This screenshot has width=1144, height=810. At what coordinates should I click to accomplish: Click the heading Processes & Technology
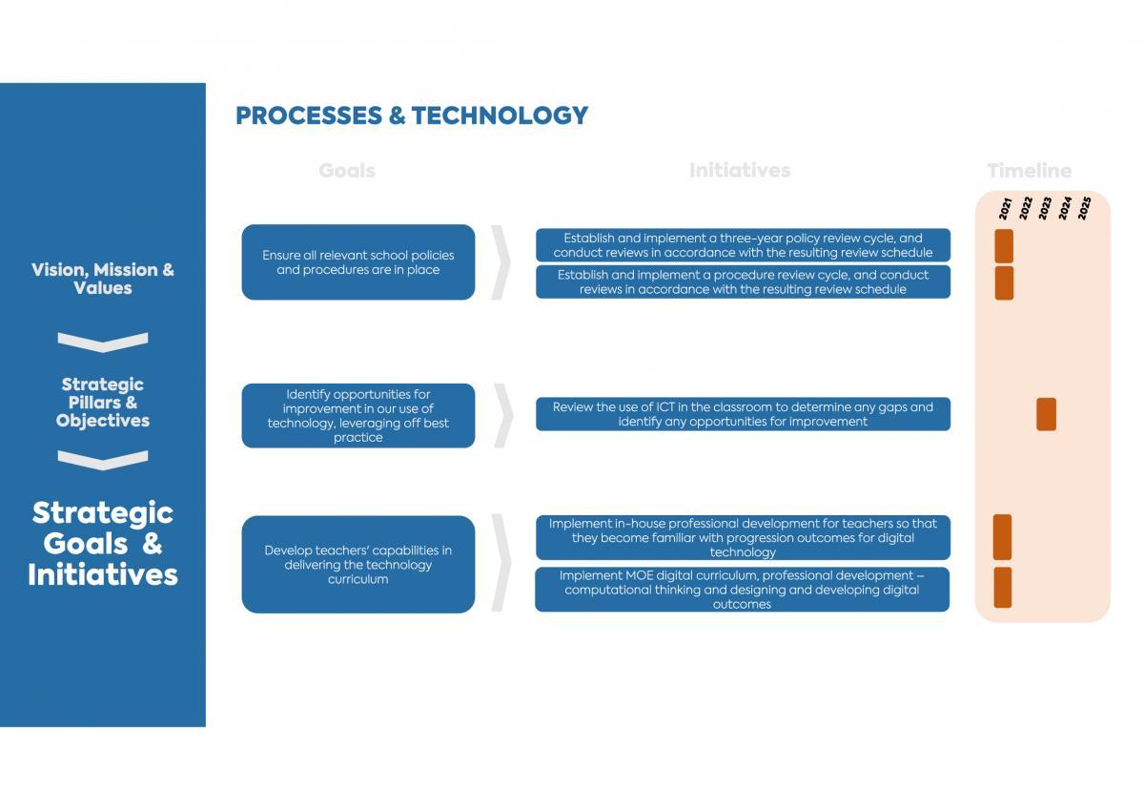click(x=412, y=115)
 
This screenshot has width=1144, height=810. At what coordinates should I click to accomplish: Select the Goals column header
click(x=347, y=171)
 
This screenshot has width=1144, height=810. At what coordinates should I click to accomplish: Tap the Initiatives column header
click(x=740, y=171)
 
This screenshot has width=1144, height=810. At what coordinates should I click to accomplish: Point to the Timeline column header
click(x=1029, y=171)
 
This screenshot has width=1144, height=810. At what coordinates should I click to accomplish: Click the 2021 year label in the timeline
click(x=1005, y=209)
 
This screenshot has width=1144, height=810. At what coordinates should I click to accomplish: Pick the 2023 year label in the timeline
click(x=1045, y=209)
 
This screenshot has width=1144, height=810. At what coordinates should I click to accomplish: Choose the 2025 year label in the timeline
click(x=1084, y=209)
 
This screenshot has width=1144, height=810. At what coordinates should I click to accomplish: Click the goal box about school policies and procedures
click(x=358, y=262)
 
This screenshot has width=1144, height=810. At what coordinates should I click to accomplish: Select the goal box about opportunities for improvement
click(x=358, y=415)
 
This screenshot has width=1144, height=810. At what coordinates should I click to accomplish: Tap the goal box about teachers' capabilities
click(x=358, y=564)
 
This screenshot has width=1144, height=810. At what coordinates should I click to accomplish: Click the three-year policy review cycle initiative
click(x=743, y=245)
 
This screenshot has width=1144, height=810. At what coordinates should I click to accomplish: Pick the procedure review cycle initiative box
click(x=743, y=281)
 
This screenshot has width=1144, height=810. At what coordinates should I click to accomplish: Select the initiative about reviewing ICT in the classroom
click(x=743, y=414)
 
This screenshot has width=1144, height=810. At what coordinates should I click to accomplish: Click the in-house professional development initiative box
click(x=743, y=538)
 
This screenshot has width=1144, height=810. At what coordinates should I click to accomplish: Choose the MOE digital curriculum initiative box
click(x=742, y=590)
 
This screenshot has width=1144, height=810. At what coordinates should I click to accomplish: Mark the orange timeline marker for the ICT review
click(x=1047, y=414)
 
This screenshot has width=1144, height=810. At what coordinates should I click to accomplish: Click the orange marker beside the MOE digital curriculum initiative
click(x=1003, y=587)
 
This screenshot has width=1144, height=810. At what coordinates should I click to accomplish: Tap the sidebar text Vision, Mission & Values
click(x=103, y=279)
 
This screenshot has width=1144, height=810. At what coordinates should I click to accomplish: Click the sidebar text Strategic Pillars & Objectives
click(x=103, y=403)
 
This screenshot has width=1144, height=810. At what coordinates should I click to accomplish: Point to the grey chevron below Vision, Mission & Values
click(x=103, y=343)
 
